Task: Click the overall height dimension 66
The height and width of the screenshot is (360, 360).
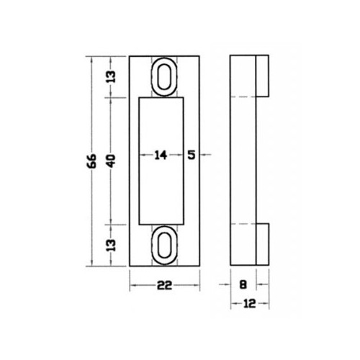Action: (92, 161)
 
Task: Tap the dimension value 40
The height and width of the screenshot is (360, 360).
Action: (111, 161)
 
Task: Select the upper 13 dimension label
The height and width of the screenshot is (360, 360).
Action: (111, 77)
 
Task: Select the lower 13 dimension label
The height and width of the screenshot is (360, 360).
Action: (111, 246)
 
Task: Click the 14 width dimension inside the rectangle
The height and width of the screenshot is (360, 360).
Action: (161, 155)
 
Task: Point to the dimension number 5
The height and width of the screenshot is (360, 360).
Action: (192, 155)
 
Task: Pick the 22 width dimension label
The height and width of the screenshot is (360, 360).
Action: (165, 285)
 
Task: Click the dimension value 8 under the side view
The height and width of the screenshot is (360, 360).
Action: (243, 285)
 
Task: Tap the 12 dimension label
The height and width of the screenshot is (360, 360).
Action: (250, 304)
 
